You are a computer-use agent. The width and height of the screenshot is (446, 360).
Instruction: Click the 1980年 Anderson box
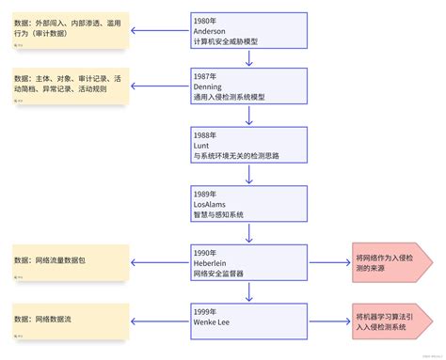tap(247, 31)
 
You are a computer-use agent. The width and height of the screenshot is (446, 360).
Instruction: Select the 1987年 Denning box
tap(247, 86)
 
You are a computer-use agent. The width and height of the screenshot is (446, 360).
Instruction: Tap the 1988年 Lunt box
tap(247, 143)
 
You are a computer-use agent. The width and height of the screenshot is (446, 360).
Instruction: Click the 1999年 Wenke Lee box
tap(247, 320)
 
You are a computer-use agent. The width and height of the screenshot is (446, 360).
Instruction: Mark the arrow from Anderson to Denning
tap(247, 58)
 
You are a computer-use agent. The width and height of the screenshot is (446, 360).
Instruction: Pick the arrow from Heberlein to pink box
tap(329, 262)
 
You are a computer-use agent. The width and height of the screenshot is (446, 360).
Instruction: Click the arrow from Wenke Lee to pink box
tap(329, 320)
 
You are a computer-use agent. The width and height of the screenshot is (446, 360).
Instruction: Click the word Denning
tap(209, 86)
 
